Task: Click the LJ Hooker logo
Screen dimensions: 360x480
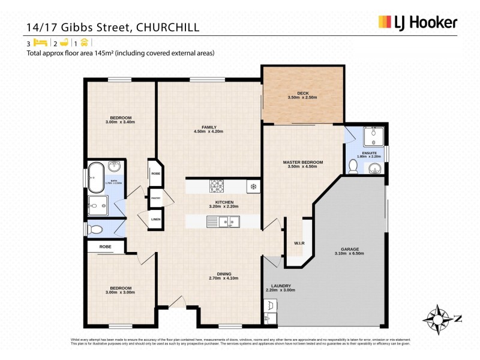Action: pos(418,23)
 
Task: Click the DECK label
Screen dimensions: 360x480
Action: pos(302,95)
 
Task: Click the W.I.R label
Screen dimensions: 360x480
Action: pos(299,243)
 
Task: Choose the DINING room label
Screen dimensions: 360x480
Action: pos(223,275)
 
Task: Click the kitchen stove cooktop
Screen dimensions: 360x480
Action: pos(217,186)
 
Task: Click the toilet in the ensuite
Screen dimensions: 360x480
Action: pos(353,166)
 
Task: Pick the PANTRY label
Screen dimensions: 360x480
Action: pos(155,198)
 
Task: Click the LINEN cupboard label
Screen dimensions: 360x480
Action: pos(155,220)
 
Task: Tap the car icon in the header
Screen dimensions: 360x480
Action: pos(83,43)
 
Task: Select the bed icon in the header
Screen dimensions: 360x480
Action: pos(40,43)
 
